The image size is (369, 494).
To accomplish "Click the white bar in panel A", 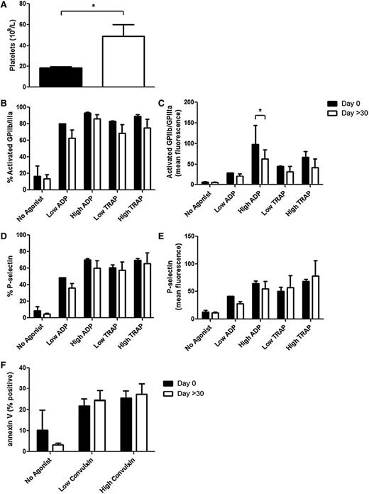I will pyautogui.click(x=123, y=62).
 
